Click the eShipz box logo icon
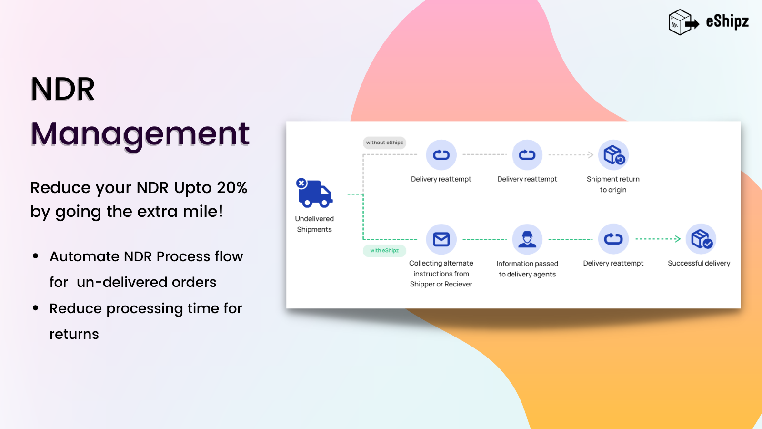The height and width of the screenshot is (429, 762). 682,22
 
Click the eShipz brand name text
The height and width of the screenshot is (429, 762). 727,21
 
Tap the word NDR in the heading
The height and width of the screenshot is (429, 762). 63,89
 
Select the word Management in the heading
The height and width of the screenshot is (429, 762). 140,133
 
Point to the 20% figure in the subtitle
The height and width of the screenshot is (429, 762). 232,188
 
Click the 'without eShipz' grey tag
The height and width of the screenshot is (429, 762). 384,143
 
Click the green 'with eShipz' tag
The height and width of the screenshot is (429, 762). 384,251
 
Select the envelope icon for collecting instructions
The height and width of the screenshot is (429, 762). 441,239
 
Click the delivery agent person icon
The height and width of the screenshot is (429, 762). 527,239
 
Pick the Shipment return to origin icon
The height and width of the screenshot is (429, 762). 613,155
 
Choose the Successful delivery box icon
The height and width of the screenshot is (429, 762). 701,239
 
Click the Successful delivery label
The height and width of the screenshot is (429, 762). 699,263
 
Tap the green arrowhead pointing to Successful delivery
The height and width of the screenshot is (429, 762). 678,239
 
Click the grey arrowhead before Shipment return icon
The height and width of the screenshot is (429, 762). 591,155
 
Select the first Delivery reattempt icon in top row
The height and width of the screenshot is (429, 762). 441,155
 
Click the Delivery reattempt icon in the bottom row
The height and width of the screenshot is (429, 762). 613,239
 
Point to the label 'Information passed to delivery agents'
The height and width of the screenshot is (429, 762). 527,269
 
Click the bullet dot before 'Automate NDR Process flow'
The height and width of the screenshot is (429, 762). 36,256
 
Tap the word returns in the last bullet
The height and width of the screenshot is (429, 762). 74,334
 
